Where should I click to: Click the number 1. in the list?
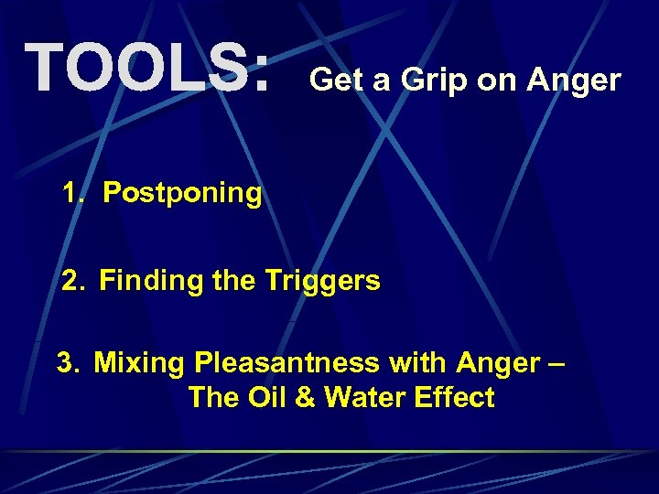(x=76, y=193)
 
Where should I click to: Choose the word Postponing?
(x=182, y=194)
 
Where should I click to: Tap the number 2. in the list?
(x=75, y=280)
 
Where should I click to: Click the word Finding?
(x=151, y=281)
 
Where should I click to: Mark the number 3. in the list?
(x=70, y=363)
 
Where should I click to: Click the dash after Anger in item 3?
(x=556, y=364)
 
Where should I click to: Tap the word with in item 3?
(x=416, y=363)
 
